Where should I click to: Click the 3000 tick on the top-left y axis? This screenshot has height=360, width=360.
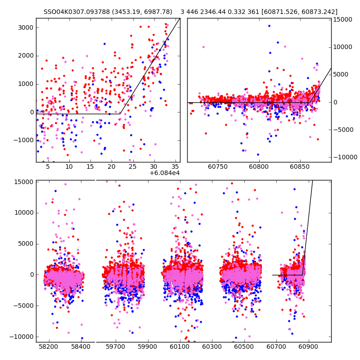(26, 27)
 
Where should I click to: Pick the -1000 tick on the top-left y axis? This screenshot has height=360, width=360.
(25, 140)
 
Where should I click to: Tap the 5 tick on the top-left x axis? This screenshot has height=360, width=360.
(48, 166)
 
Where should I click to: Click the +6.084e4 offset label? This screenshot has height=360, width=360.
(165, 173)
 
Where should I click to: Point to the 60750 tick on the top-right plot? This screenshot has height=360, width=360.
(218, 166)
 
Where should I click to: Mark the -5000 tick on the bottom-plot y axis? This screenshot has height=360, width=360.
(24, 306)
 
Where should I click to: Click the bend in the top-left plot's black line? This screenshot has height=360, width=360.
(120, 113)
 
